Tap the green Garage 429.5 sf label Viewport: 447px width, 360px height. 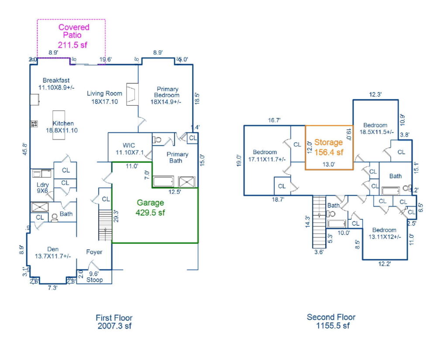(151, 207)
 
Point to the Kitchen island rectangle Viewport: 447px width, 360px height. (61, 125)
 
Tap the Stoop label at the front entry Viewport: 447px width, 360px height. (94, 280)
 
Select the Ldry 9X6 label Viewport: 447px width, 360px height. (42, 187)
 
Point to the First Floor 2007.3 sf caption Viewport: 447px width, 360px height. (114, 322)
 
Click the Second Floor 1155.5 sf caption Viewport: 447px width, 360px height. (331, 321)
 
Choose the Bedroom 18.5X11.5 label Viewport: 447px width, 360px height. (376, 128)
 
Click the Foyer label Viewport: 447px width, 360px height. (94, 252)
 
